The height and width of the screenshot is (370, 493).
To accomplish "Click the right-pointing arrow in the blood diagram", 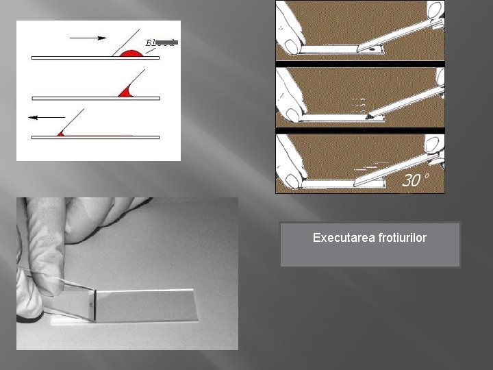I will tap(88, 37).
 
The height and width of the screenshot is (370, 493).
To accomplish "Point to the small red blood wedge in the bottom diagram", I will tap(60, 133).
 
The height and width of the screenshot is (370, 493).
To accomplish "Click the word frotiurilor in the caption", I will tap(399, 238).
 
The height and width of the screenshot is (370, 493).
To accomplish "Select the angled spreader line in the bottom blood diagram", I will tap(73, 120).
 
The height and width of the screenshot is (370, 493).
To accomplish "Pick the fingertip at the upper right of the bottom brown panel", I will tap(433, 143).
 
